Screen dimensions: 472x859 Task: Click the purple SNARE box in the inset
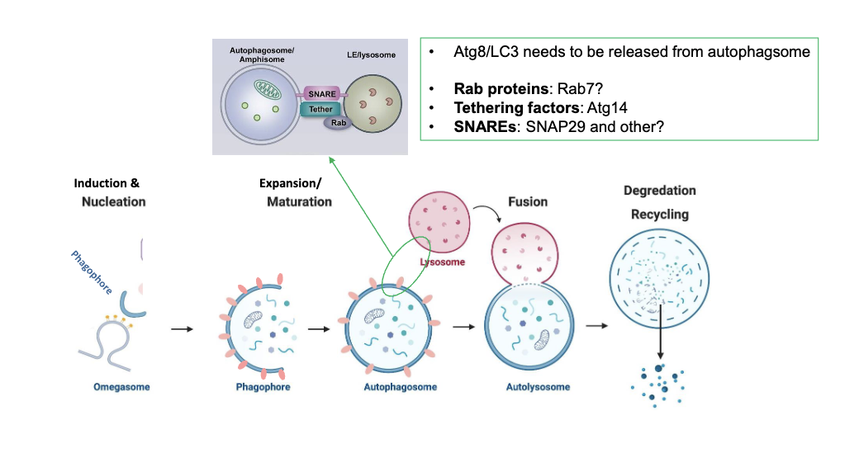320,94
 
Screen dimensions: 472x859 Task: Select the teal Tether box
320,109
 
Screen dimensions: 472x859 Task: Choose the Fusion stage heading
528,201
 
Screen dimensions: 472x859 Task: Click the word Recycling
659,215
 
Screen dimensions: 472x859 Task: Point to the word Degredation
659,191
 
